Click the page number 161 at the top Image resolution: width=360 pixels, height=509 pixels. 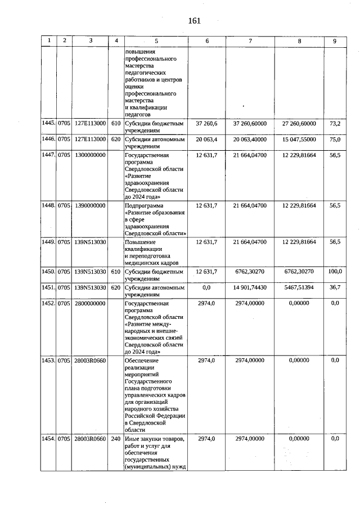click(x=195, y=21)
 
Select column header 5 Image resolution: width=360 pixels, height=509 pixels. click(x=156, y=41)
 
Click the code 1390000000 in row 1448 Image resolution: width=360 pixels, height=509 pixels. click(x=90, y=206)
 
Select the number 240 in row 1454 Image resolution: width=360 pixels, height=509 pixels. click(x=116, y=438)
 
